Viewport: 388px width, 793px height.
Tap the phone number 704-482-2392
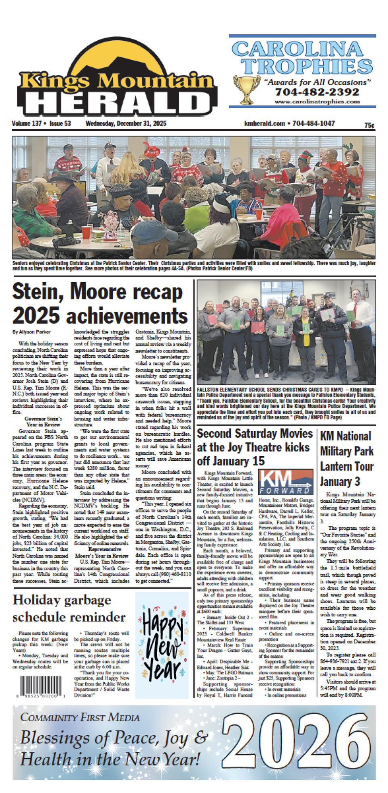click(317, 92)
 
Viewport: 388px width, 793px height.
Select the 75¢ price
click(369, 126)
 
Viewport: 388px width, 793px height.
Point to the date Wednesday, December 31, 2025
click(126, 124)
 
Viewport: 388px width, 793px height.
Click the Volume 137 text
click(27, 124)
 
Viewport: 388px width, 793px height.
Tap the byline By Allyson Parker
click(32, 332)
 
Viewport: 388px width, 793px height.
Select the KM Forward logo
click(285, 482)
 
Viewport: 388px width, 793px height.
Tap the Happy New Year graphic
click(162, 645)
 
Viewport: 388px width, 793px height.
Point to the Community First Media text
click(80, 717)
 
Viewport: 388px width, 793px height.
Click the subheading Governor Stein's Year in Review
click(43, 422)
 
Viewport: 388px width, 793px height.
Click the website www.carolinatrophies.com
click(317, 102)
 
